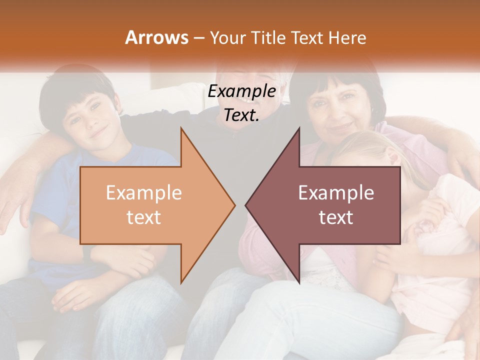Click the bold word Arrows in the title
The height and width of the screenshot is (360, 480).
click(x=156, y=37)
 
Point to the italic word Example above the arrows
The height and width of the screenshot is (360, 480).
click(x=241, y=91)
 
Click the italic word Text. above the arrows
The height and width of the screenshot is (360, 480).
click(x=241, y=115)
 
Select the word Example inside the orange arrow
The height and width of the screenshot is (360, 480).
click(x=144, y=193)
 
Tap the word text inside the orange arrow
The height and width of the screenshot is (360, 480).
click(x=144, y=217)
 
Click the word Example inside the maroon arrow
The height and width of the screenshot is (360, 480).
click(x=336, y=193)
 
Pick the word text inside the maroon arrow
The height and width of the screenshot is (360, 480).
click(x=336, y=217)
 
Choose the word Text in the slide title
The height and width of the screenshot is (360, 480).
click(x=306, y=37)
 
